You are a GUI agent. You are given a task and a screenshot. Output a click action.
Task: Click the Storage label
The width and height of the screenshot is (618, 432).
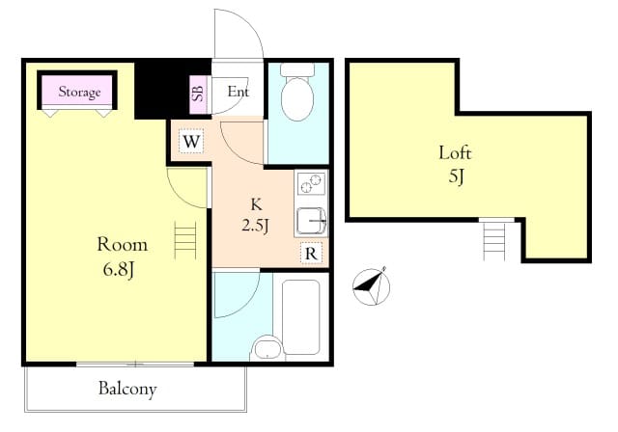[x=79, y=92]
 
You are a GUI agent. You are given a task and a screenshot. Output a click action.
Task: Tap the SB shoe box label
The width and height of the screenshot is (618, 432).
[x=198, y=94]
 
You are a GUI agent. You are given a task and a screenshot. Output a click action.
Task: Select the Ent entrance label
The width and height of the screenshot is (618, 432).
[x=239, y=92]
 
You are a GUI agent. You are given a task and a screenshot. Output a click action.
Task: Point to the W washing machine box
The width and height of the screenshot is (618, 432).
[x=191, y=141]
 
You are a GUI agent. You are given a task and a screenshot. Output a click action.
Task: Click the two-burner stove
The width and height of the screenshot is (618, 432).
[x=311, y=184]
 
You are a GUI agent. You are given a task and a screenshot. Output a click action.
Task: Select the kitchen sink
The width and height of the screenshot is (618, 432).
[x=311, y=221]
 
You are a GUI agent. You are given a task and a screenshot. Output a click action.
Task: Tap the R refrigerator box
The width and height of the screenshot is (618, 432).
[x=311, y=254]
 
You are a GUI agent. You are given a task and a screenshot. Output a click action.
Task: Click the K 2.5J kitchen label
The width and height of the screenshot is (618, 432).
[x=256, y=216]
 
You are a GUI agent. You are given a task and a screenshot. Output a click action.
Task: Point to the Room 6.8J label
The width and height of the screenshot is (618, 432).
[x=122, y=256]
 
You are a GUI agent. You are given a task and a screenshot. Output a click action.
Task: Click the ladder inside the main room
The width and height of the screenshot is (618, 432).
[x=185, y=240]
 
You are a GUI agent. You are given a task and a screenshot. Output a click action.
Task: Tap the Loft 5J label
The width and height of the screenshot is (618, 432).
[x=455, y=164]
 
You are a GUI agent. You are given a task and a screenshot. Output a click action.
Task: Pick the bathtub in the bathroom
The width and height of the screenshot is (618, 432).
[x=301, y=316]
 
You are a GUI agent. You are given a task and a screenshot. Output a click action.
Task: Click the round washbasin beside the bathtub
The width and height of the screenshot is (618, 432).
[x=267, y=349]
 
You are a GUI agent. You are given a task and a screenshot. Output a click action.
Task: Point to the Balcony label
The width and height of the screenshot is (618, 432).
[x=127, y=389]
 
